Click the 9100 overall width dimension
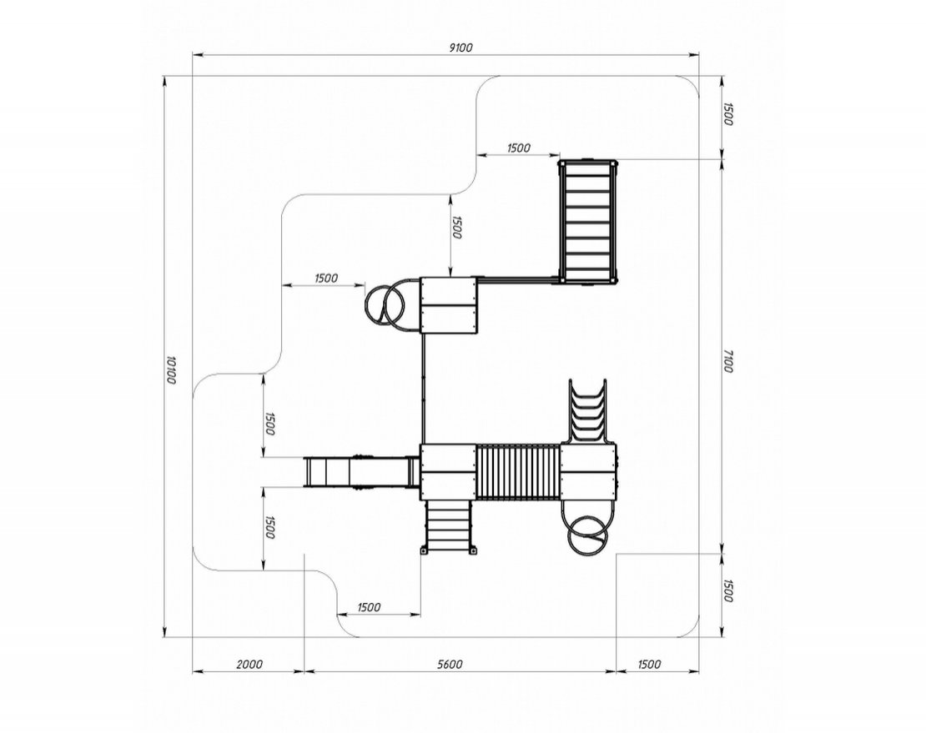tap(461, 48)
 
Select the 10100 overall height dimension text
tap(171, 369)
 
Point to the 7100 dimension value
tap(727, 361)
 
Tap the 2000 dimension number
tap(249, 665)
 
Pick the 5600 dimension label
tap(450, 665)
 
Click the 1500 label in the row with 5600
tap(649, 665)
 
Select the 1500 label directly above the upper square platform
tap(456, 227)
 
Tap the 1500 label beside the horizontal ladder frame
tap(518, 148)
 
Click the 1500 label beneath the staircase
tap(369, 607)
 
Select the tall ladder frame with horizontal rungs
tap(587, 221)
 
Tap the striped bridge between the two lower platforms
tap(518, 472)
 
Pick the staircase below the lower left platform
tap(449, 527)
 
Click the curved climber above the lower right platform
tap(587, 412)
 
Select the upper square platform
tap(449, 305)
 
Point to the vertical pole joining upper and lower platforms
tap(423, 389)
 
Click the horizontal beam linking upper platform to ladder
tap(518, 279)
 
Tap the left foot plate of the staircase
tap(424, 551)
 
